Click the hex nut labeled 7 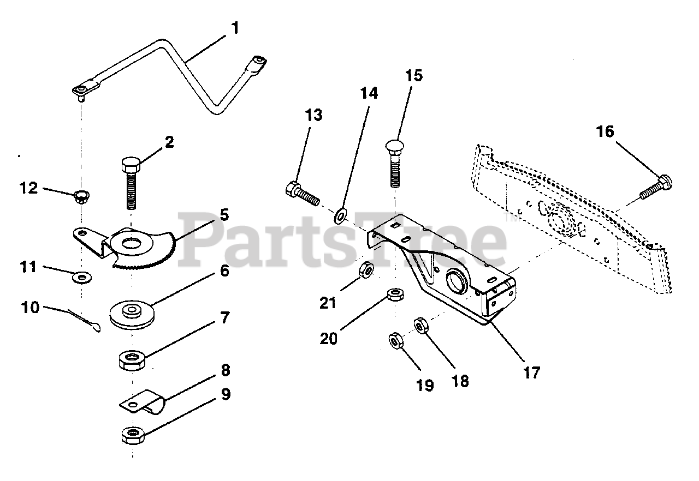[131, 360]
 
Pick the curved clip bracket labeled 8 [141, 406]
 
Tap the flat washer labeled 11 [82, 279]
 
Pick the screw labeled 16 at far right [656, 187]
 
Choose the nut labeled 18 [420, 326]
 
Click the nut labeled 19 [394, 341]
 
